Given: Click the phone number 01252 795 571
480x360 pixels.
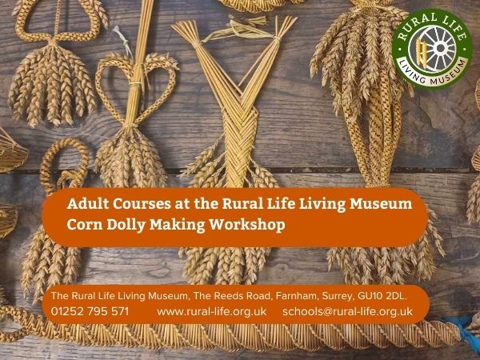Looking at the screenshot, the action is [90, 311].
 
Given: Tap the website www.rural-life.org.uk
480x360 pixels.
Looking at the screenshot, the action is [211, 312].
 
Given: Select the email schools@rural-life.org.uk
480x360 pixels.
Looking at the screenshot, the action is [347, 312].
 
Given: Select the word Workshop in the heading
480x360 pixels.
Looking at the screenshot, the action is [247, 225].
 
